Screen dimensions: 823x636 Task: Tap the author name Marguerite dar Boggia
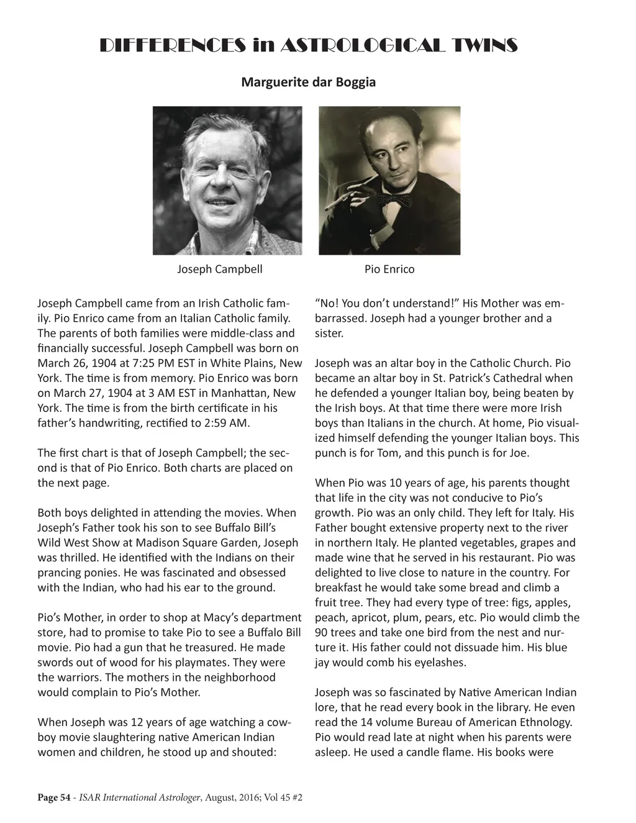coord(308,82)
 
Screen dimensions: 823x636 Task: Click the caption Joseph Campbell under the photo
coord(220,269)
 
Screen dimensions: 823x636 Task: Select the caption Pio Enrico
coord(389,269)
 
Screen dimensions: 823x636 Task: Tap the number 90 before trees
coord(322,632)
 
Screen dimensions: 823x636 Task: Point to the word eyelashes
coord(436,662)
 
